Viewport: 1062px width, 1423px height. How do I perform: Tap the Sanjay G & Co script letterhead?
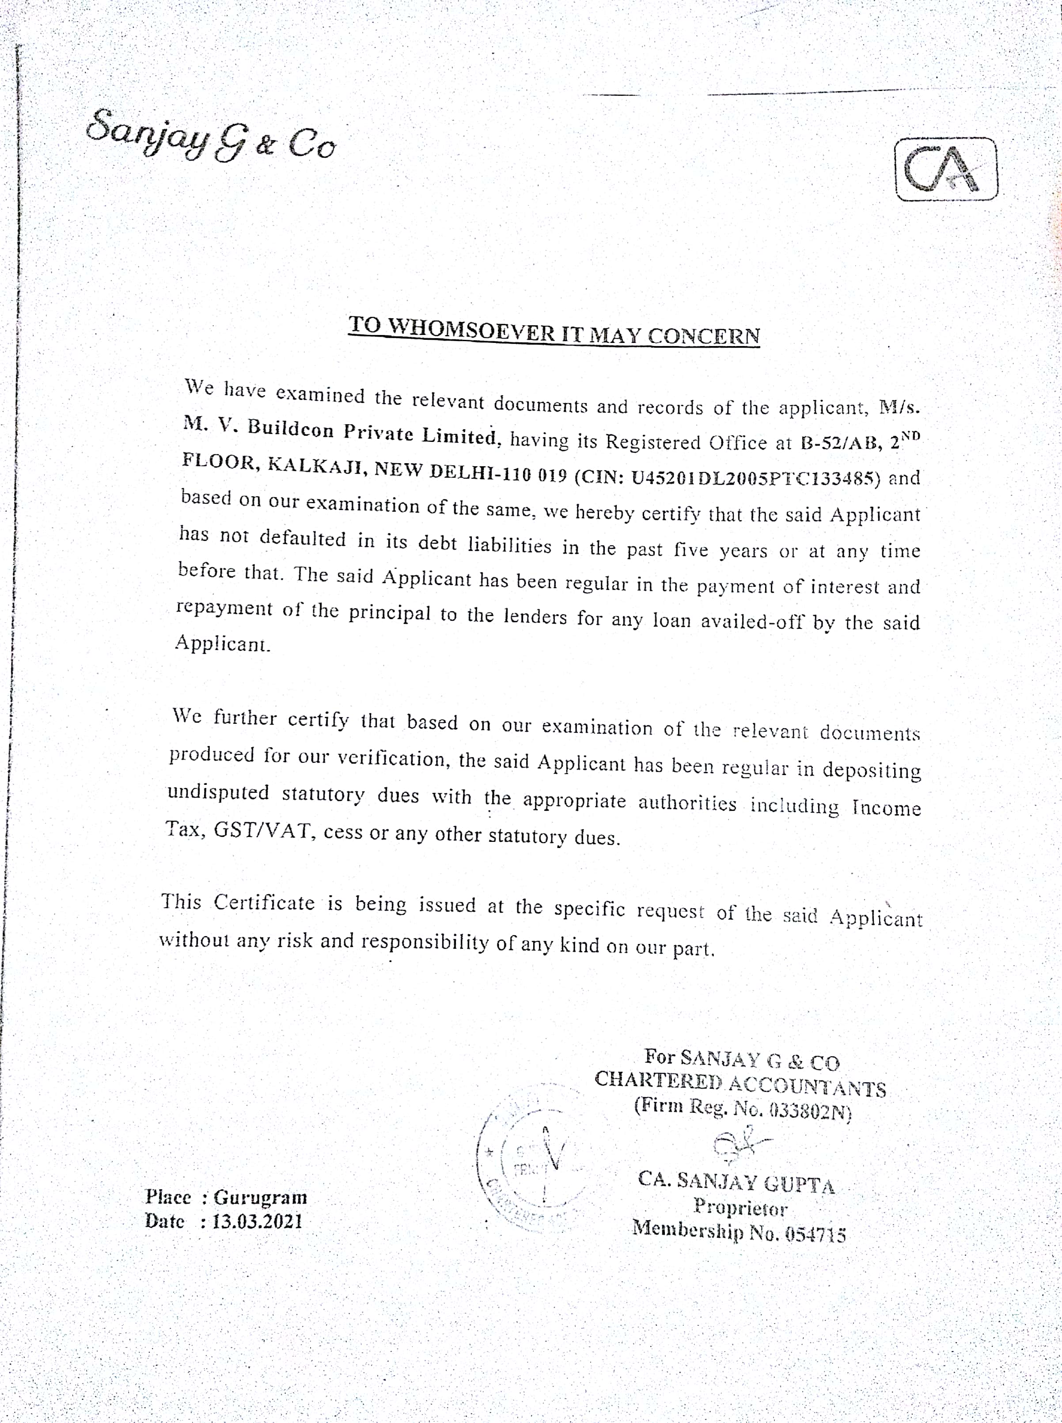tap(210, 136)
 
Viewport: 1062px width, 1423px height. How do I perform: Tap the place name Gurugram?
tap(260, 1197)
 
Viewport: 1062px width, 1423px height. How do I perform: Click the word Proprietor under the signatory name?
tap(740, 1208)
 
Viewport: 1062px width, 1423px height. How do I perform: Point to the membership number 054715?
tap(815, 1234)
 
